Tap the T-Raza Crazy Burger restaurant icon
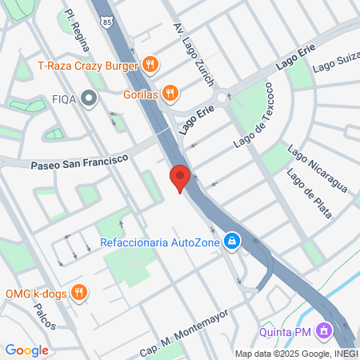pyautogui.click(x=149, y=65)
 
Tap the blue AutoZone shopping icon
pyautogui.click(x=231, y=241)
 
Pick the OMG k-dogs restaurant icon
pyautogui.click(x=78, y=291)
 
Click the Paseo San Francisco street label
pyautogui.click(x=79, y=162)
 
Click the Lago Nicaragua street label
pyautogui.click(x=318, y=170)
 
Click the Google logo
pyautogui.click(x=26, y=350)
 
